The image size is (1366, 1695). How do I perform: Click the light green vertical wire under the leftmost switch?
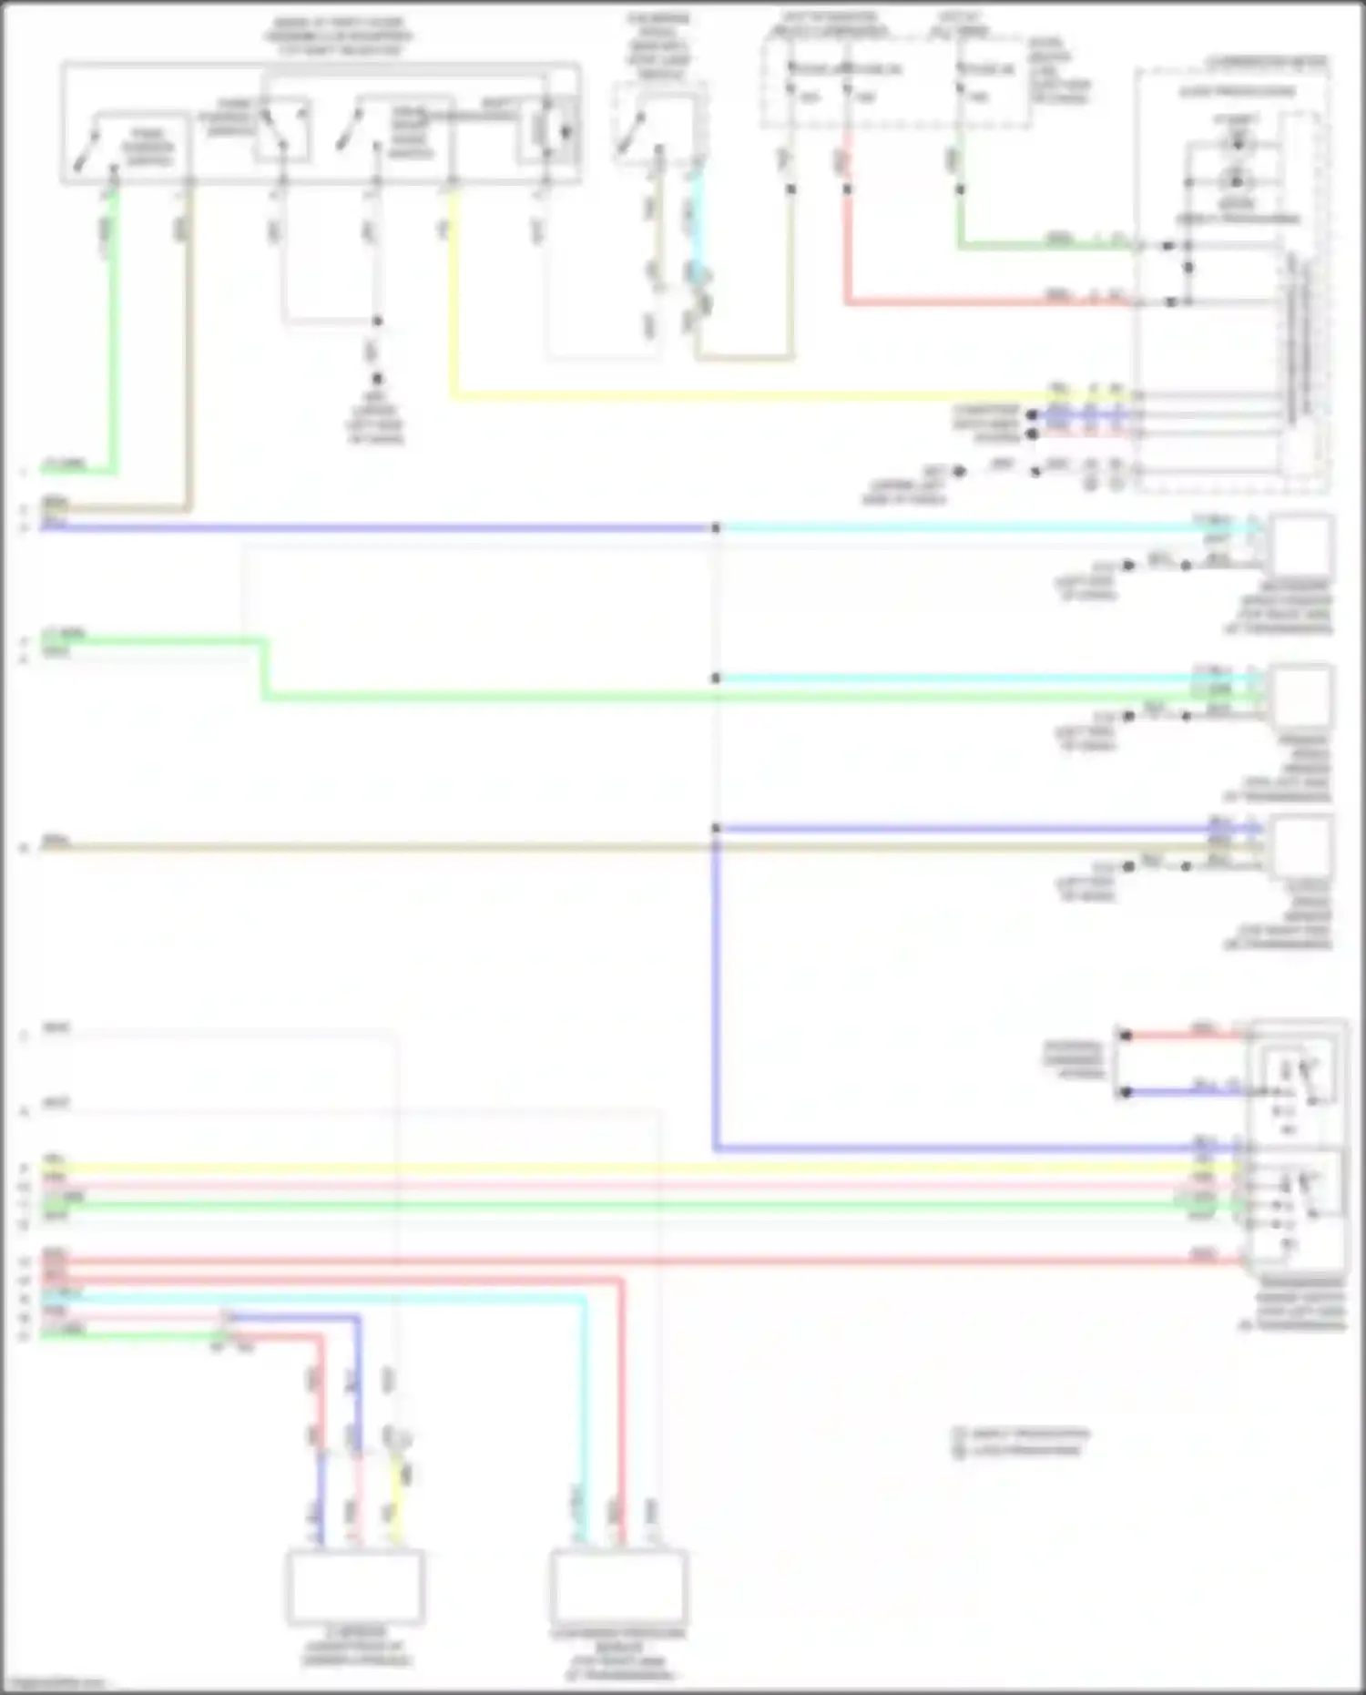113,346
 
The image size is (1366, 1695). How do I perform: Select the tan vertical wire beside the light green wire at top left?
189,364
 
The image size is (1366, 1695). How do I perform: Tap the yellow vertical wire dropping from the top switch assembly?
453,301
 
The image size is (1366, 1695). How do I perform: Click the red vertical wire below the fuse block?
847,246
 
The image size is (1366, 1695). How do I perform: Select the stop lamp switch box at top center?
660,124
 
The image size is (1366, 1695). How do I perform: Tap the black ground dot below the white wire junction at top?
376,379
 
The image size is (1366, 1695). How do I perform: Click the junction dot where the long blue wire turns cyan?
716,527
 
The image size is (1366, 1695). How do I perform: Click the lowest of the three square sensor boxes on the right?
1302,846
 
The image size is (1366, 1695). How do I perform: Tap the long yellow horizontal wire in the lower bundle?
637,1168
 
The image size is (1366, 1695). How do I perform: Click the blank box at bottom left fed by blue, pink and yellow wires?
355,1587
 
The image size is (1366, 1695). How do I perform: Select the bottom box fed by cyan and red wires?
618,1587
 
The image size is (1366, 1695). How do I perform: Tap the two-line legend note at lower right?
1020,1442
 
